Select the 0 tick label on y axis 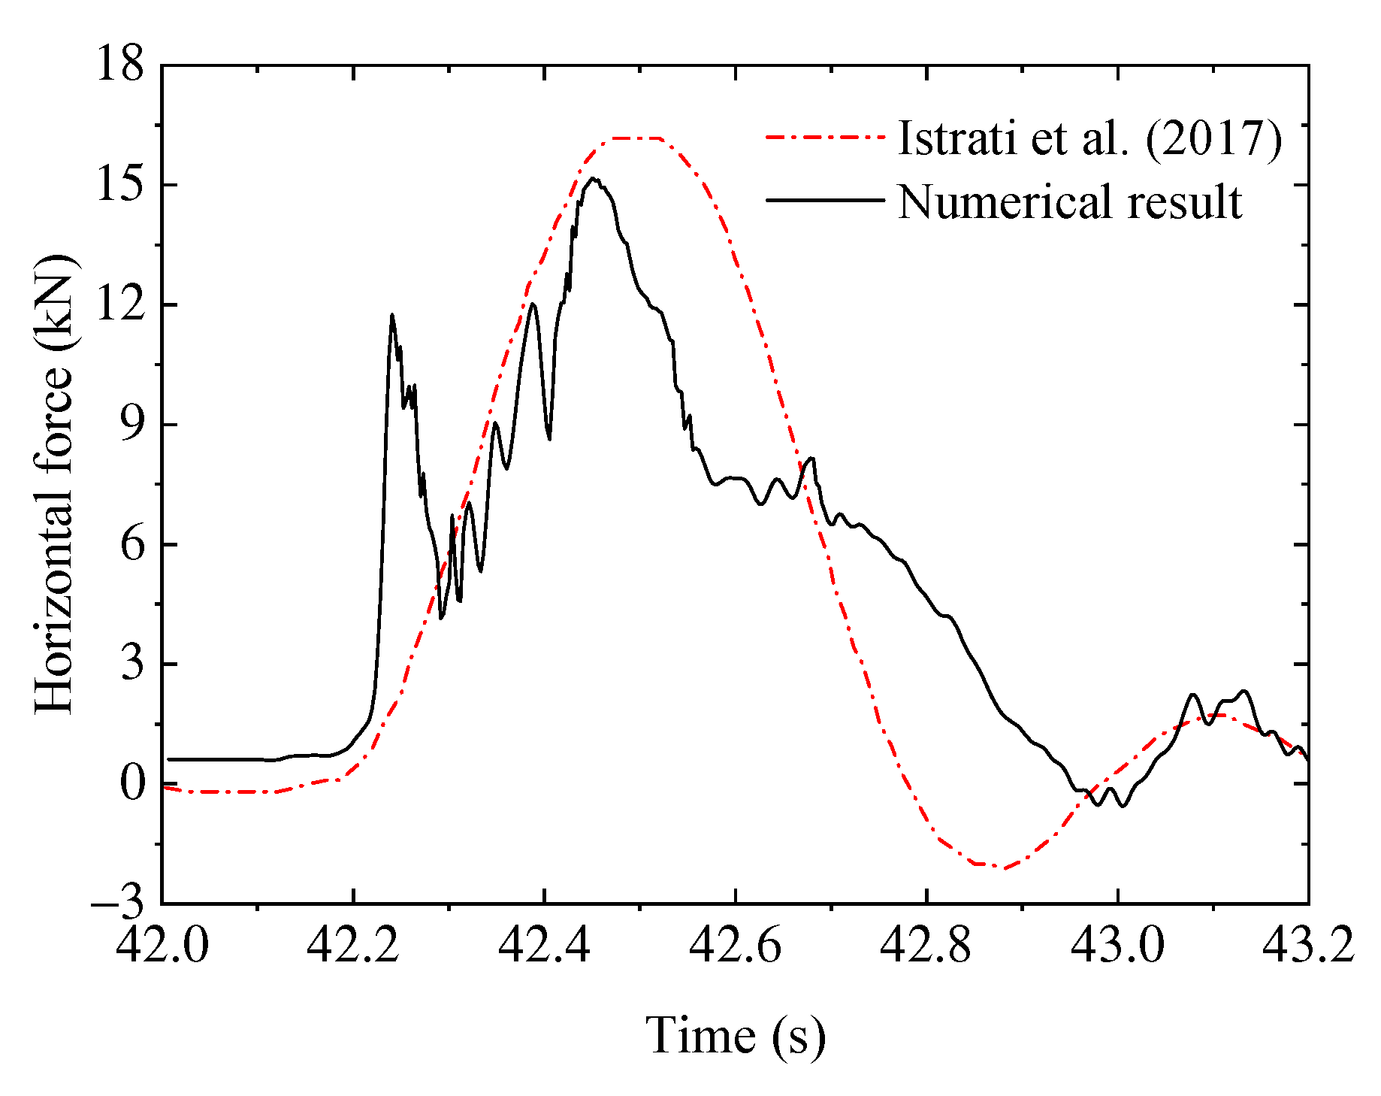pos(131,783)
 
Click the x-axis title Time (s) pos(736,1036)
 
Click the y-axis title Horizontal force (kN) pos(54,484)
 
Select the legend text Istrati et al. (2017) pos(1089,138)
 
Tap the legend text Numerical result pos(1069,201)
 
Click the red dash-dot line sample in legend pos(825,138)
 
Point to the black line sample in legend pos(825,201)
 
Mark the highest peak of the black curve pos(593,179)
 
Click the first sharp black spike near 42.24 pos(391,315)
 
